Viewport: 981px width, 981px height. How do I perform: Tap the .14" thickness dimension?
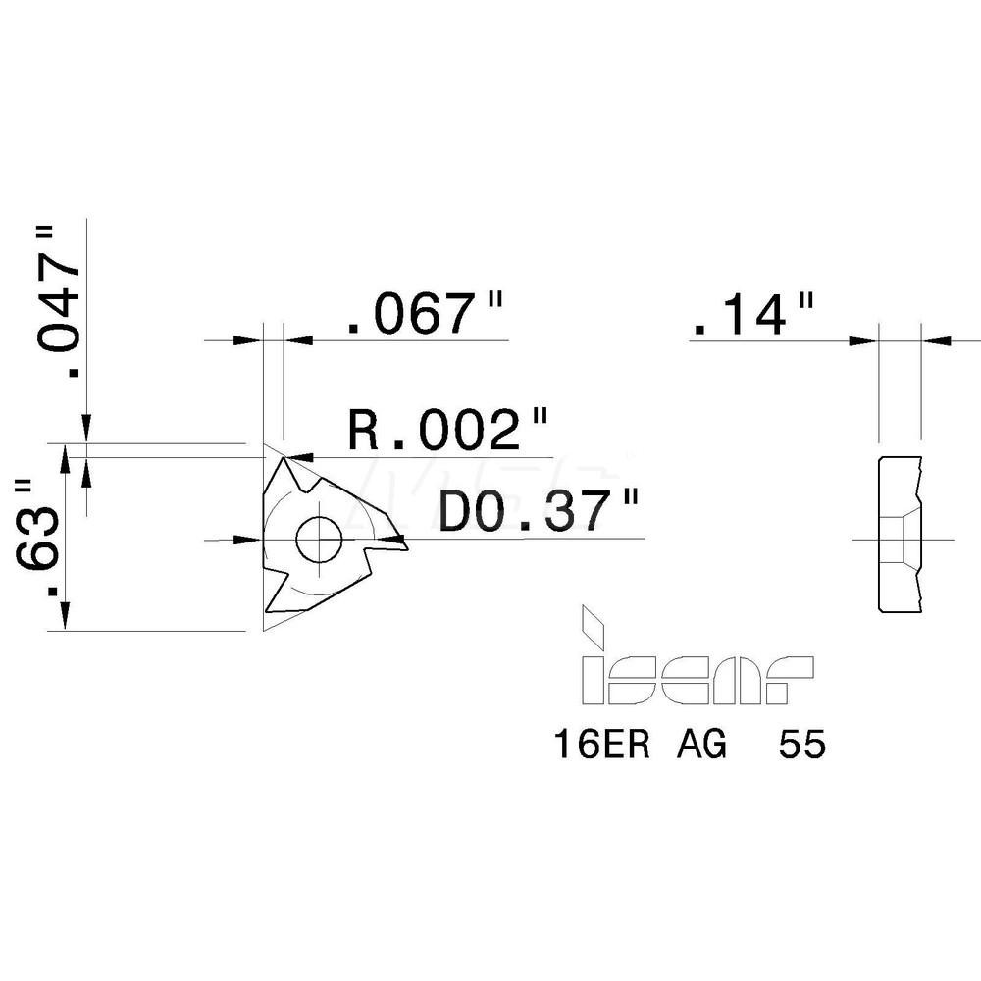(752, 316)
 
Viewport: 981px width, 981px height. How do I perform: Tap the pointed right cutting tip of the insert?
(403, 540)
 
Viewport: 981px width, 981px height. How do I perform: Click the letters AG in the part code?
(701, 747)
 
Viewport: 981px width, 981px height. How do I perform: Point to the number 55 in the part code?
(802, 747)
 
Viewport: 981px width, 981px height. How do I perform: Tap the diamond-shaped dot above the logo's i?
(593, 620)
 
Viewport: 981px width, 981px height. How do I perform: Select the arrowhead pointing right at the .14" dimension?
(863, 340)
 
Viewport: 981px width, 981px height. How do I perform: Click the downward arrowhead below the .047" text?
(87, 430)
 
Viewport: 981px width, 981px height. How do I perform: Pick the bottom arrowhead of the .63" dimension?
(66, 616)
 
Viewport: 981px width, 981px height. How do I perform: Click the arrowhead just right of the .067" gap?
(297, 340)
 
